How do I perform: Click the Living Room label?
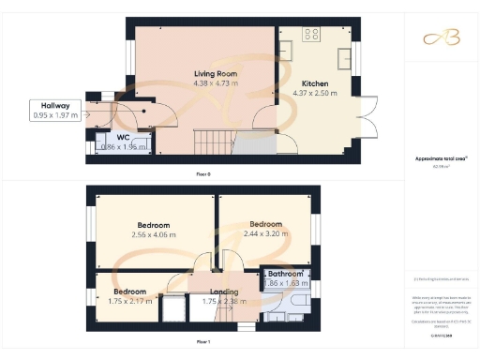click(x=215, y=73)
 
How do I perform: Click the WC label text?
click(x=123, y=138)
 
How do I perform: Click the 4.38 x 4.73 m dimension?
click(x=215, y=82)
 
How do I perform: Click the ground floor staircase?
click(x=207, y=142)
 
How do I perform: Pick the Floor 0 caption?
click(x=202, y=174)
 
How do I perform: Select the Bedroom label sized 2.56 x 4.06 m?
click(x=154, y=226)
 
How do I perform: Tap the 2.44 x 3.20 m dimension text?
click(x=266, y=234)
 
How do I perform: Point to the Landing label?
click(x=221, y=292)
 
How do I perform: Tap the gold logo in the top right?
click(x=442, y=37)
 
